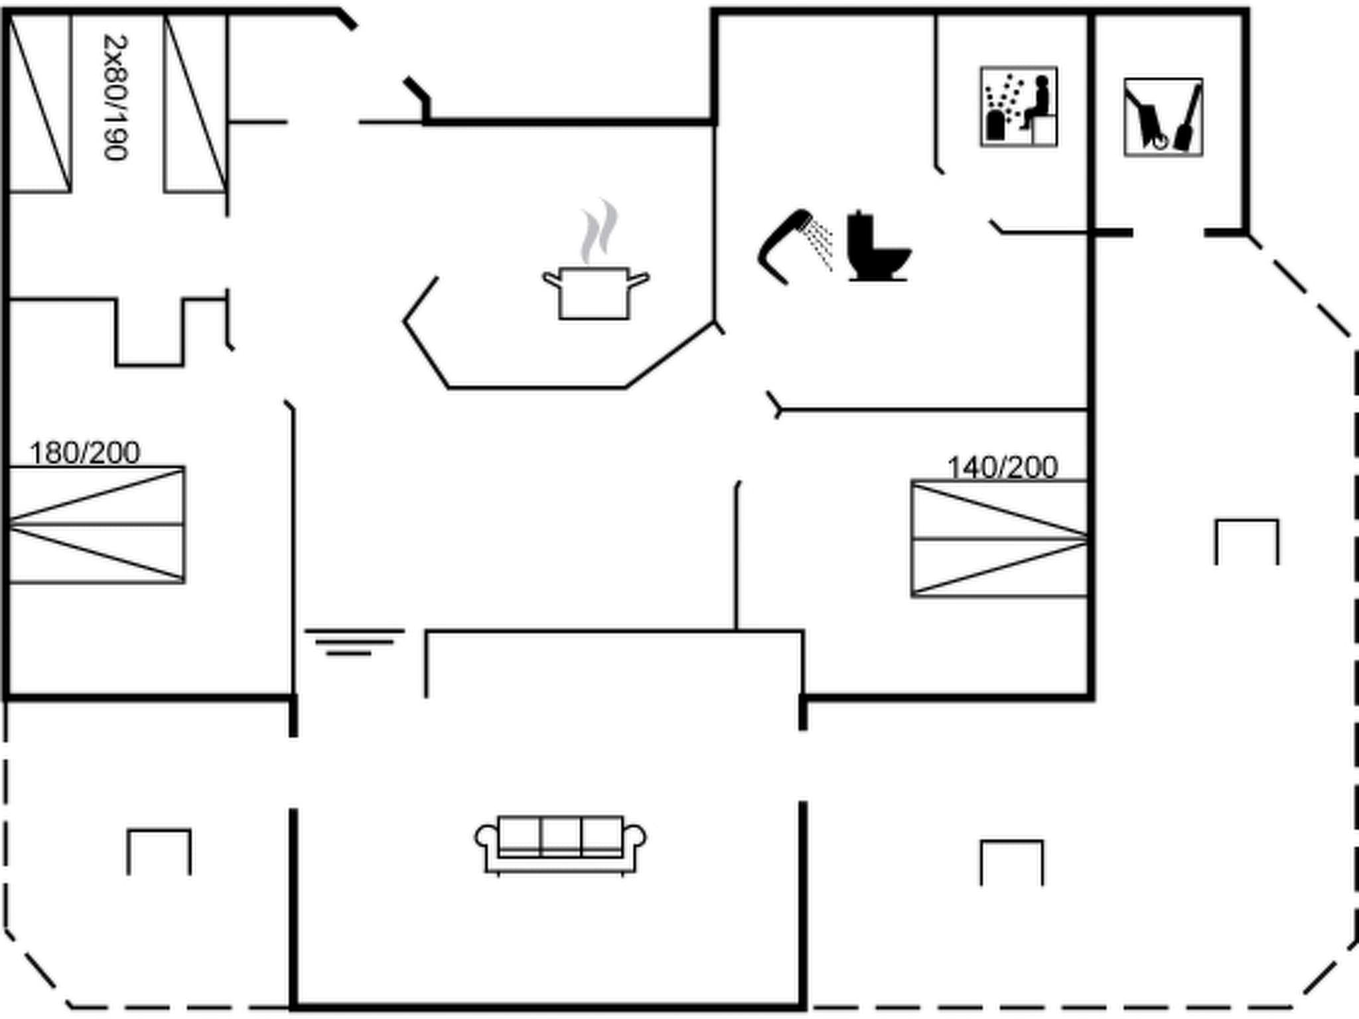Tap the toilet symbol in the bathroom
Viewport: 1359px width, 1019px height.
(x=877, y=247)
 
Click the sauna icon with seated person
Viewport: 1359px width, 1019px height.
(x=1019, y=107)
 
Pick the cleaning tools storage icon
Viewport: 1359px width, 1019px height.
(x=1163, y=117)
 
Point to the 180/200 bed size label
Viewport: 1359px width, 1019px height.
(x=85, y=453)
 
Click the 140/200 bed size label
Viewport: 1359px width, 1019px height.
(x=1002, y=468)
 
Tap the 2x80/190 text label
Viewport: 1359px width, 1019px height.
(x=116, y=98)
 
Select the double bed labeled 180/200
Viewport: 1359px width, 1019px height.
(x=97, y=525)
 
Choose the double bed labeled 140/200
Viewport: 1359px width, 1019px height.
(x=999, y=539)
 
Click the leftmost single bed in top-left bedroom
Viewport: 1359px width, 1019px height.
(x=40, y=103)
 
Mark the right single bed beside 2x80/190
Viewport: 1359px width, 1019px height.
(x=196, y=103)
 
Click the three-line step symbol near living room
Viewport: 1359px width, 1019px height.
(x=353, y=642)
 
